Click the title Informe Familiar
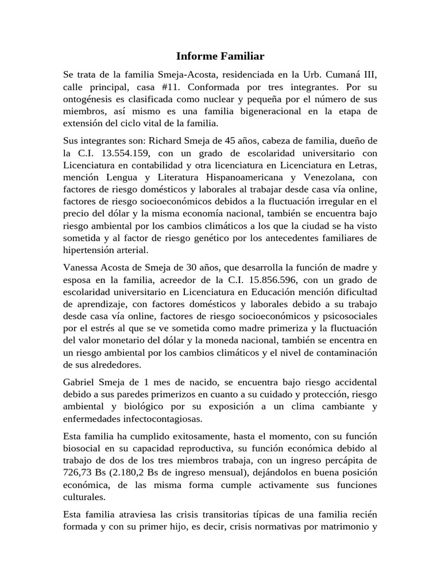tap(220, 56)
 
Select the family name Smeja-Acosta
tap(184, 75)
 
